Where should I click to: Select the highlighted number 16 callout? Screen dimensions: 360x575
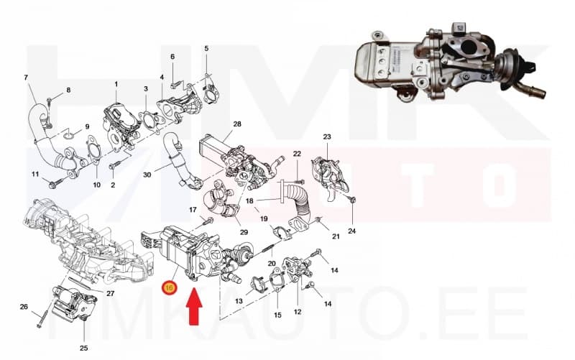tap(170, 287)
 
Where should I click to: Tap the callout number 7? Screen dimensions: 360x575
tap(26, 77)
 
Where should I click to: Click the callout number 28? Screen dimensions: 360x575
tap(237, 124)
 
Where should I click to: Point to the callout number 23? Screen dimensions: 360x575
tap(327, 137)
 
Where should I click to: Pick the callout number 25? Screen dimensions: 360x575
tap(83, 348)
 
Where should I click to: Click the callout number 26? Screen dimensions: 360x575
tap(24, 307)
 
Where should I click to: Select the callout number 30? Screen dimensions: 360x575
tap(147, 174)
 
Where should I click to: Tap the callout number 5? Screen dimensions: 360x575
tap(206, 48)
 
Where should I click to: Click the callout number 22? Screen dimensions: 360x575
tap(297, 154)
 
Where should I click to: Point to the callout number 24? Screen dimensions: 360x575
tap(351, 231)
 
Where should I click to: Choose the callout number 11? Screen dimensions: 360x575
tap(34, 175)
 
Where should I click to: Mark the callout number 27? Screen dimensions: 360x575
tap(111, 293)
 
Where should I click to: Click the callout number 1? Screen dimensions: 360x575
tap(116, 84)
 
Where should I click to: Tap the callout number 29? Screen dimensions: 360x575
tap(243, 231)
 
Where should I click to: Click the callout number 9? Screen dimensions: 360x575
tap(87, 126)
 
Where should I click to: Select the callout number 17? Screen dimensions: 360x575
tap(193, 210)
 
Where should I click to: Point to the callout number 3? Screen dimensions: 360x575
tap(145, 89)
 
